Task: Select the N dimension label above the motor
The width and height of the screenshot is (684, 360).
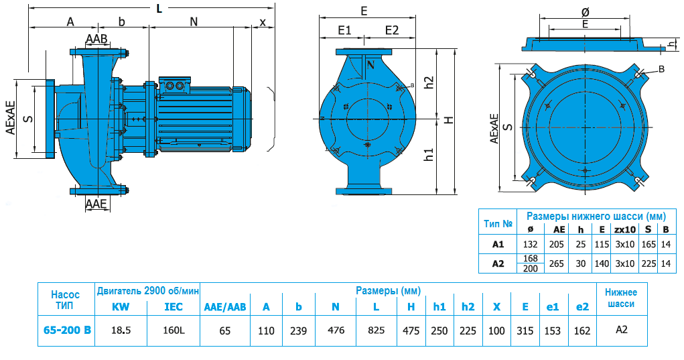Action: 194,21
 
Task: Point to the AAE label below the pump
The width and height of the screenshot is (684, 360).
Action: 97,204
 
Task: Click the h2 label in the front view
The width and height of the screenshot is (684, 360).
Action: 429,82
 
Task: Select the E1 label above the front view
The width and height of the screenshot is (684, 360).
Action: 345,30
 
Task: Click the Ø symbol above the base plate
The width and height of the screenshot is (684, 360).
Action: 585,12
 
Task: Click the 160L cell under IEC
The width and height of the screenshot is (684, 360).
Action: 173,330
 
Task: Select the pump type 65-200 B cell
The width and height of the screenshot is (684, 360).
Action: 66,330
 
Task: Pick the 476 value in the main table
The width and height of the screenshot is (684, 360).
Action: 335,330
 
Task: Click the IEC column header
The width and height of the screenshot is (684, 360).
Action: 173,307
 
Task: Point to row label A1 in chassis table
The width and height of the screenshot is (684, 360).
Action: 498,245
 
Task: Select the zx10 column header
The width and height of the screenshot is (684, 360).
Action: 624,229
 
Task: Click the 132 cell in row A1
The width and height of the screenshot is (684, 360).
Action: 531,245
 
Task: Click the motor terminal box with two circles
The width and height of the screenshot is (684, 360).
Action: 178,85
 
